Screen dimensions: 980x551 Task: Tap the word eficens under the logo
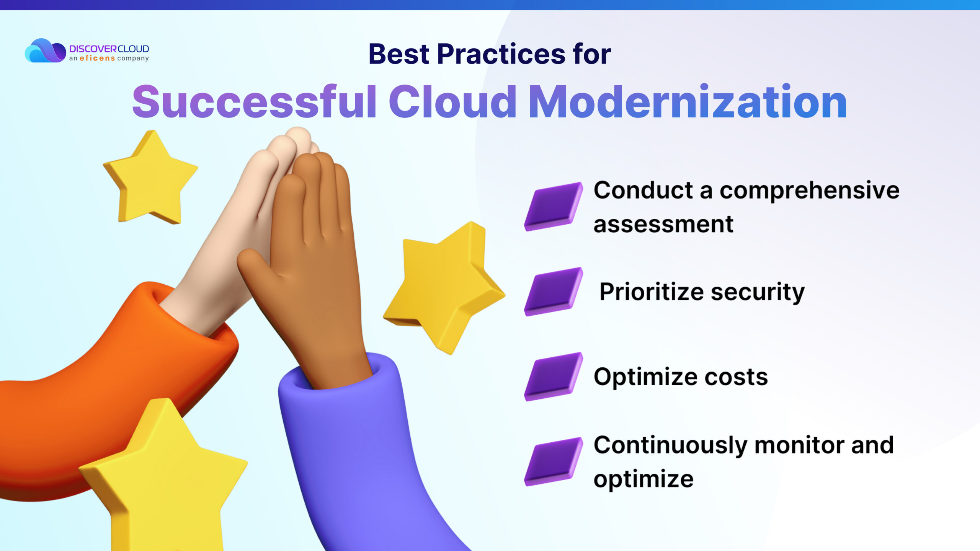click(97, 58)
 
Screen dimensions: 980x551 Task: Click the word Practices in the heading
click(501, 54)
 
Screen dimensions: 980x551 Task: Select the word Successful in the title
click(255, 101)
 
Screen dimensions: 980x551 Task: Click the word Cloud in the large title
click(453, 101)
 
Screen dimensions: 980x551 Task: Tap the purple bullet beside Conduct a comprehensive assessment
click(554, 207)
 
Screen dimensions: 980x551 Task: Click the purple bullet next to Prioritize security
click(554, 292)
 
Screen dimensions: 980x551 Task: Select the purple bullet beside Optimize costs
click(554, 377)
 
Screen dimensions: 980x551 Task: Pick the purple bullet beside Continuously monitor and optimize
click(554, 461)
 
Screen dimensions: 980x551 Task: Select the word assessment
click(663, 224)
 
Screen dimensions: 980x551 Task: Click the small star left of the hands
click(150, 177)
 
